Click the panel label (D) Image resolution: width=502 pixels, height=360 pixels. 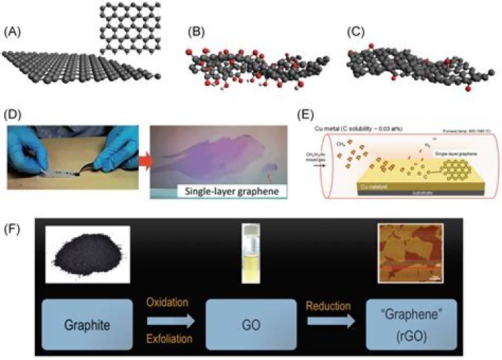pyautogui.click(x=13, y=112)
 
